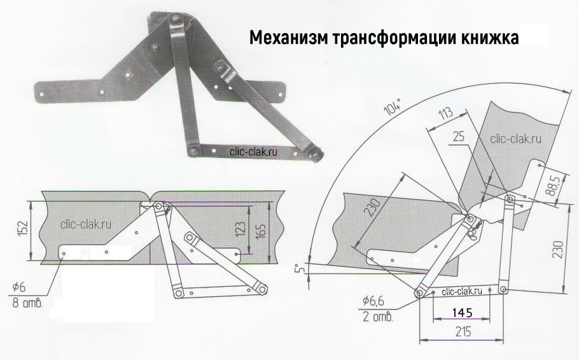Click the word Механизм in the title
pos(286,38)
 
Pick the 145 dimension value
pos(463,313)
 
